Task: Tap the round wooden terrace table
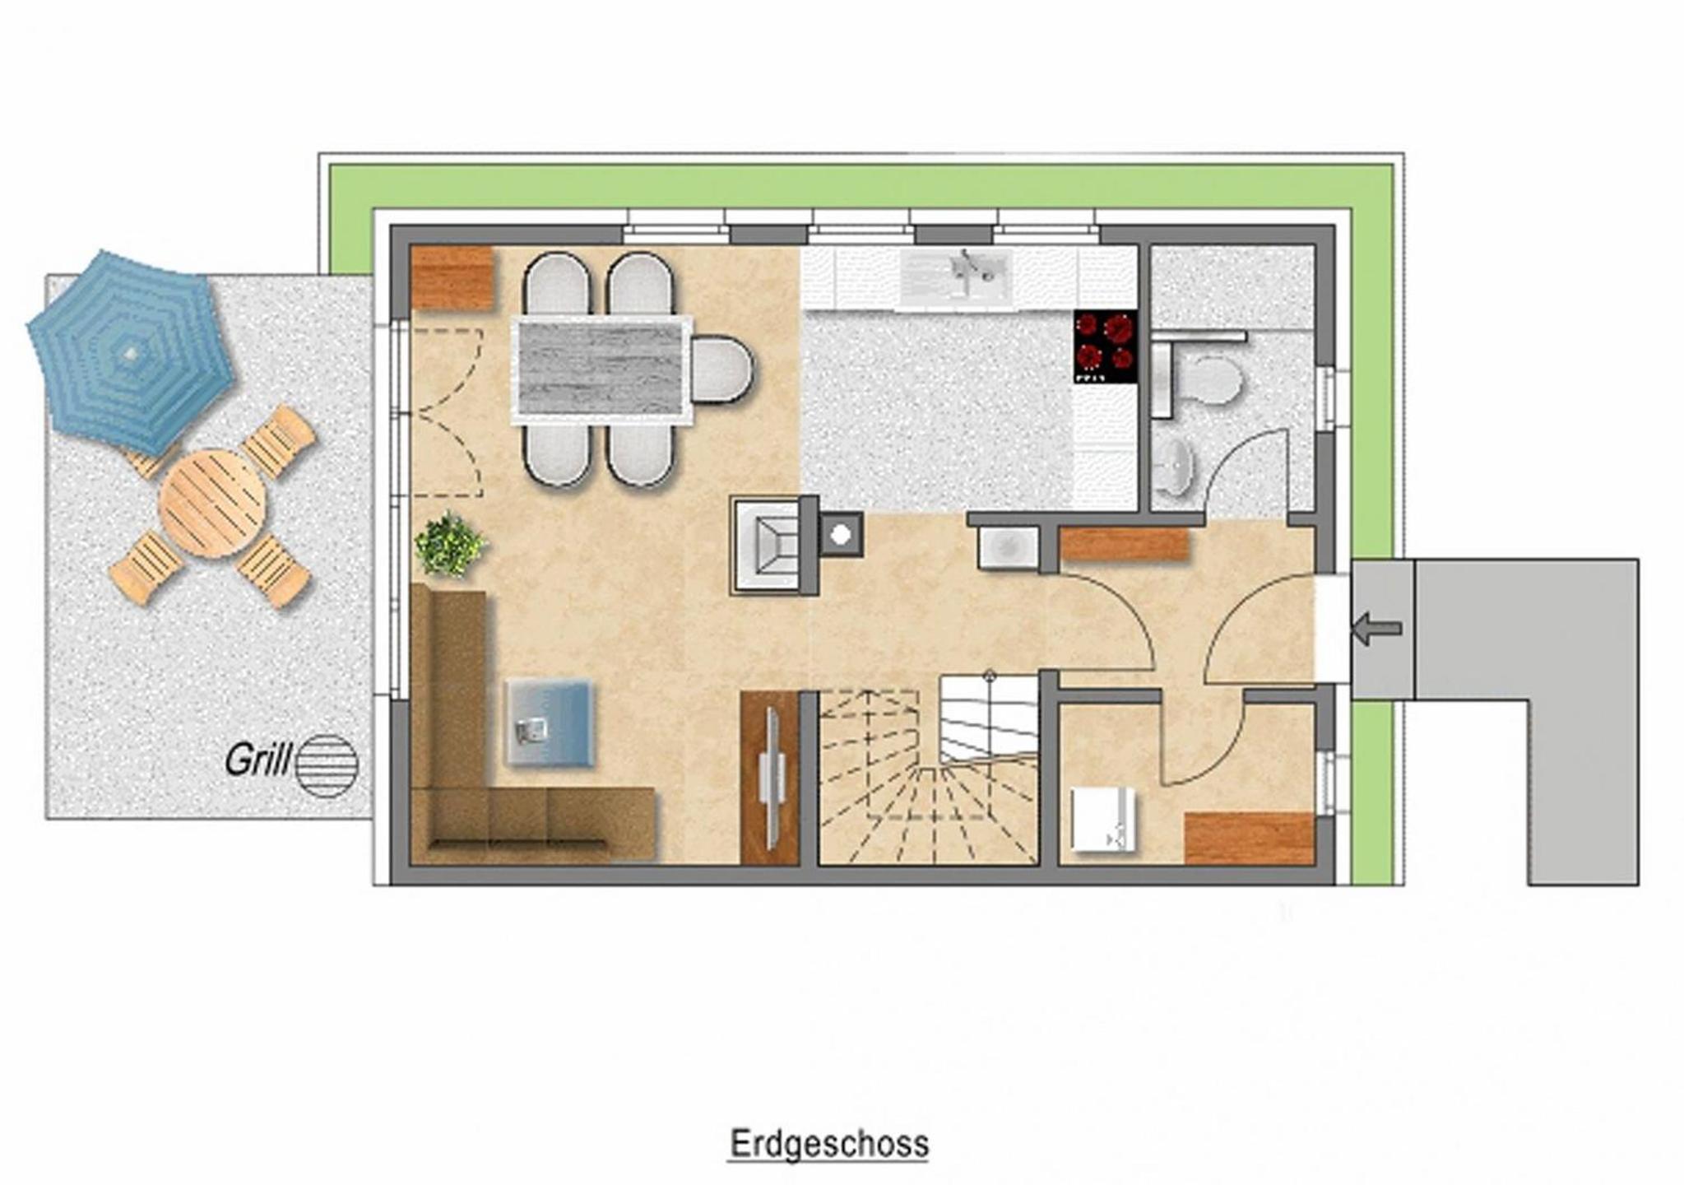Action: point(212,503)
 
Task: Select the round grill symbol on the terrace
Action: point(327,765)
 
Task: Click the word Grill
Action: point(257,760)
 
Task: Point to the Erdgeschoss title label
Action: point(829,1144)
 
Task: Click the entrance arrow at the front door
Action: point(1376,629)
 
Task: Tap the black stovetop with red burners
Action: point(1106,346)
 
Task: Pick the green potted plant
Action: point(450,544)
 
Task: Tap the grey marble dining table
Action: point(601,370)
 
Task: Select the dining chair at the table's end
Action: point(721,370)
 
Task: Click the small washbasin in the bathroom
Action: point(1177,467)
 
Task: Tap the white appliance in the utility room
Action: point(1103,819)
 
